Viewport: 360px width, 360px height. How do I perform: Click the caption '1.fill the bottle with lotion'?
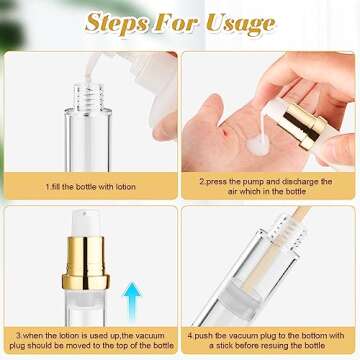click(x=93, y=186)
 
